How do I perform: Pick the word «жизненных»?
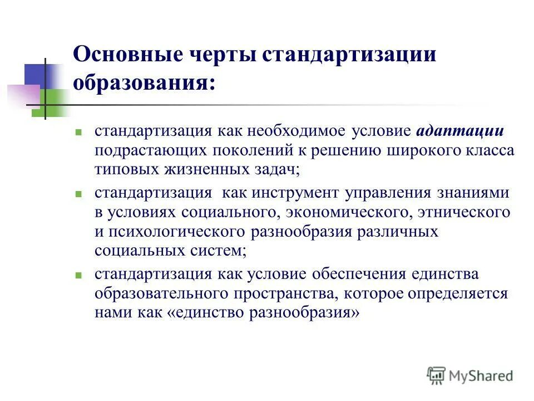pos(201,169)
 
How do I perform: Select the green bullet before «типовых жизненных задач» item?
pos(79,133)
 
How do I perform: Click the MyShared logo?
pos(470,375)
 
